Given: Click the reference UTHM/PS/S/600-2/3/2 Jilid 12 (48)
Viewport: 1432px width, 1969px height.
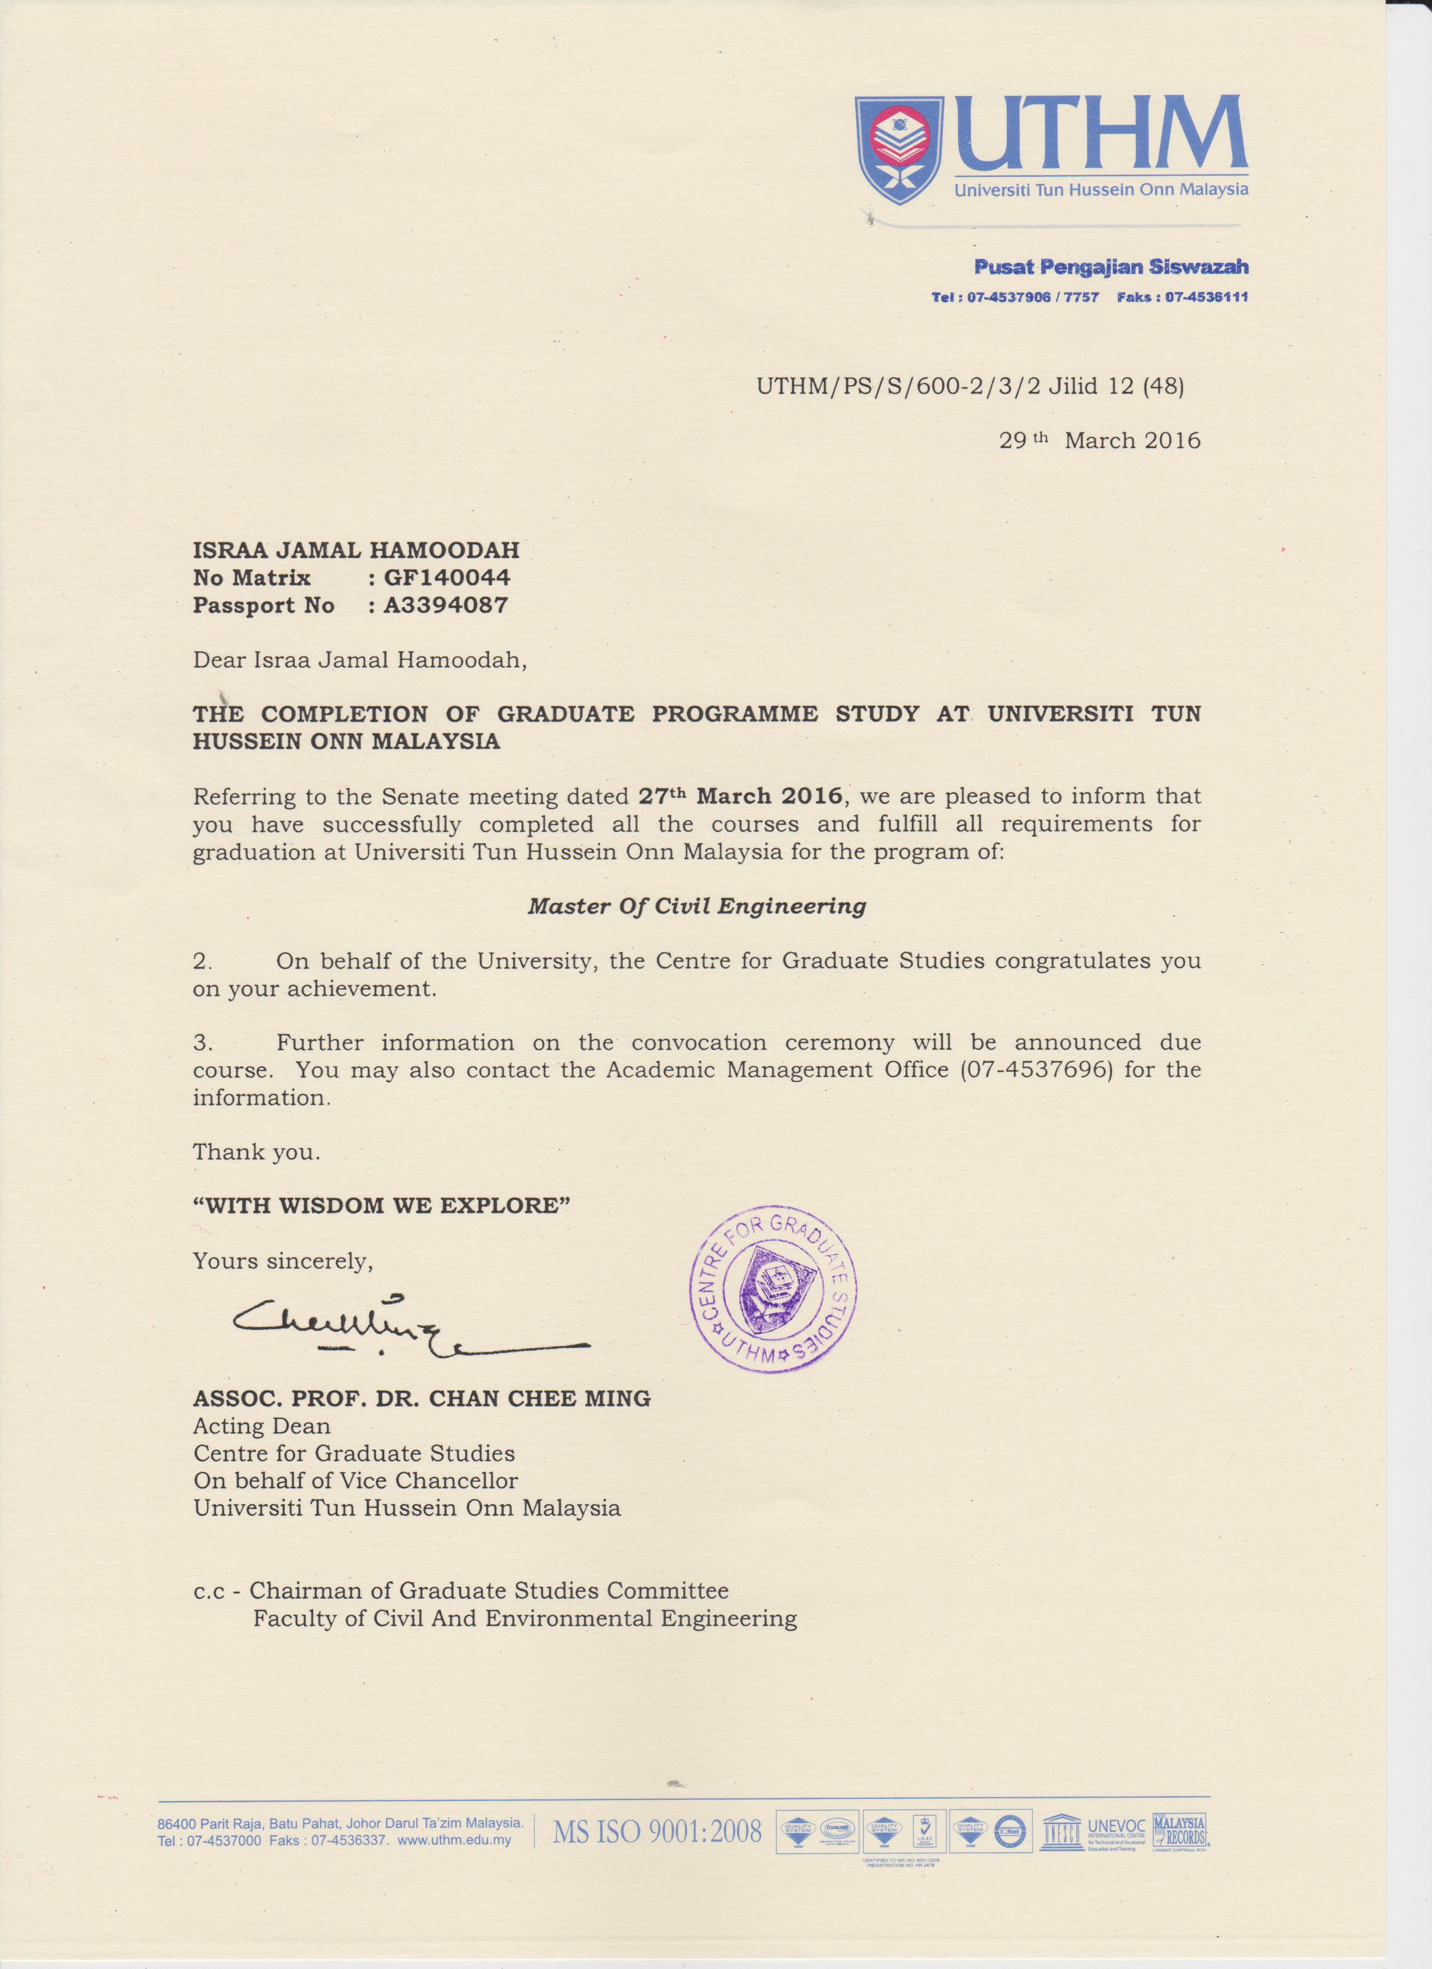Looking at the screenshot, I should point(970,386).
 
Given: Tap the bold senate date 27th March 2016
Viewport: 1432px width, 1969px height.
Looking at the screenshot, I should point(741,795).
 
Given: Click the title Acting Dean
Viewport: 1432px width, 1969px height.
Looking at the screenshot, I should point(261,1427).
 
